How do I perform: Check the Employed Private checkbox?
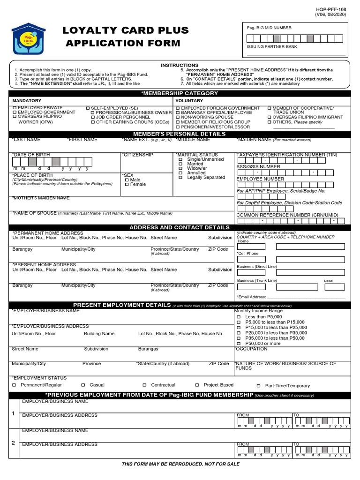[15, 108]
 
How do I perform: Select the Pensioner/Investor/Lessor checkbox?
[178, 127]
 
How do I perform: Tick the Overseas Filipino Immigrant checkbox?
[270, 118]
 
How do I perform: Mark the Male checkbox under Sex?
[127, 180]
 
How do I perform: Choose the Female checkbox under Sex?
[127, 185]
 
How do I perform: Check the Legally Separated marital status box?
[181, 178]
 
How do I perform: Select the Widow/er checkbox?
[181, 169]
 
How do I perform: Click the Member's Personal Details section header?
[180, 134]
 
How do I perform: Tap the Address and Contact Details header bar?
[180, 227]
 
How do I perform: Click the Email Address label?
[252, 297]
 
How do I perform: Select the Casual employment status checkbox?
[83, 385]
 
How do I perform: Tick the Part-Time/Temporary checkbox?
[258, 386]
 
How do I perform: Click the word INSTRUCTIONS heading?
[180, 65]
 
